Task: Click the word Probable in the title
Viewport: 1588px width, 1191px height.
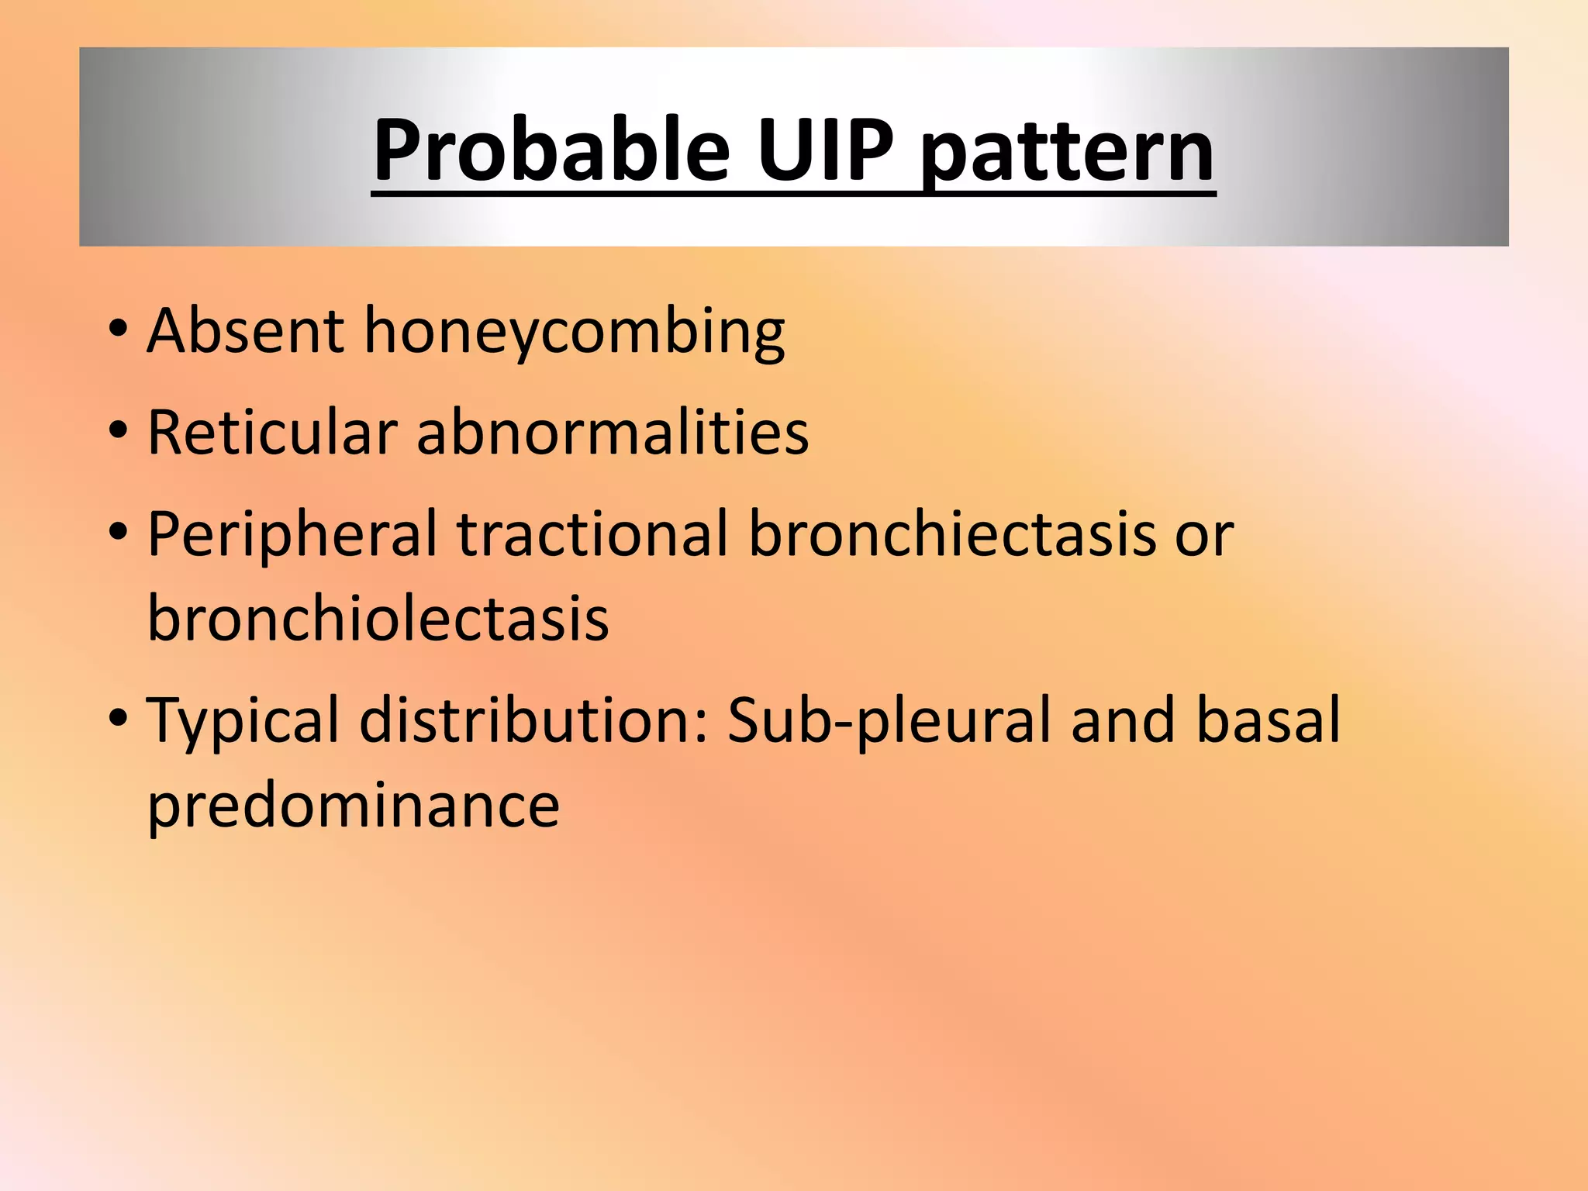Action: coord(551,149)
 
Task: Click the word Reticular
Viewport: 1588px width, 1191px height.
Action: coord(272,432)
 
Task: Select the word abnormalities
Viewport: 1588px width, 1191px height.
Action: coord(613,432)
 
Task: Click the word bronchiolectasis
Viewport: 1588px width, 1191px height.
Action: coord(378,618)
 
